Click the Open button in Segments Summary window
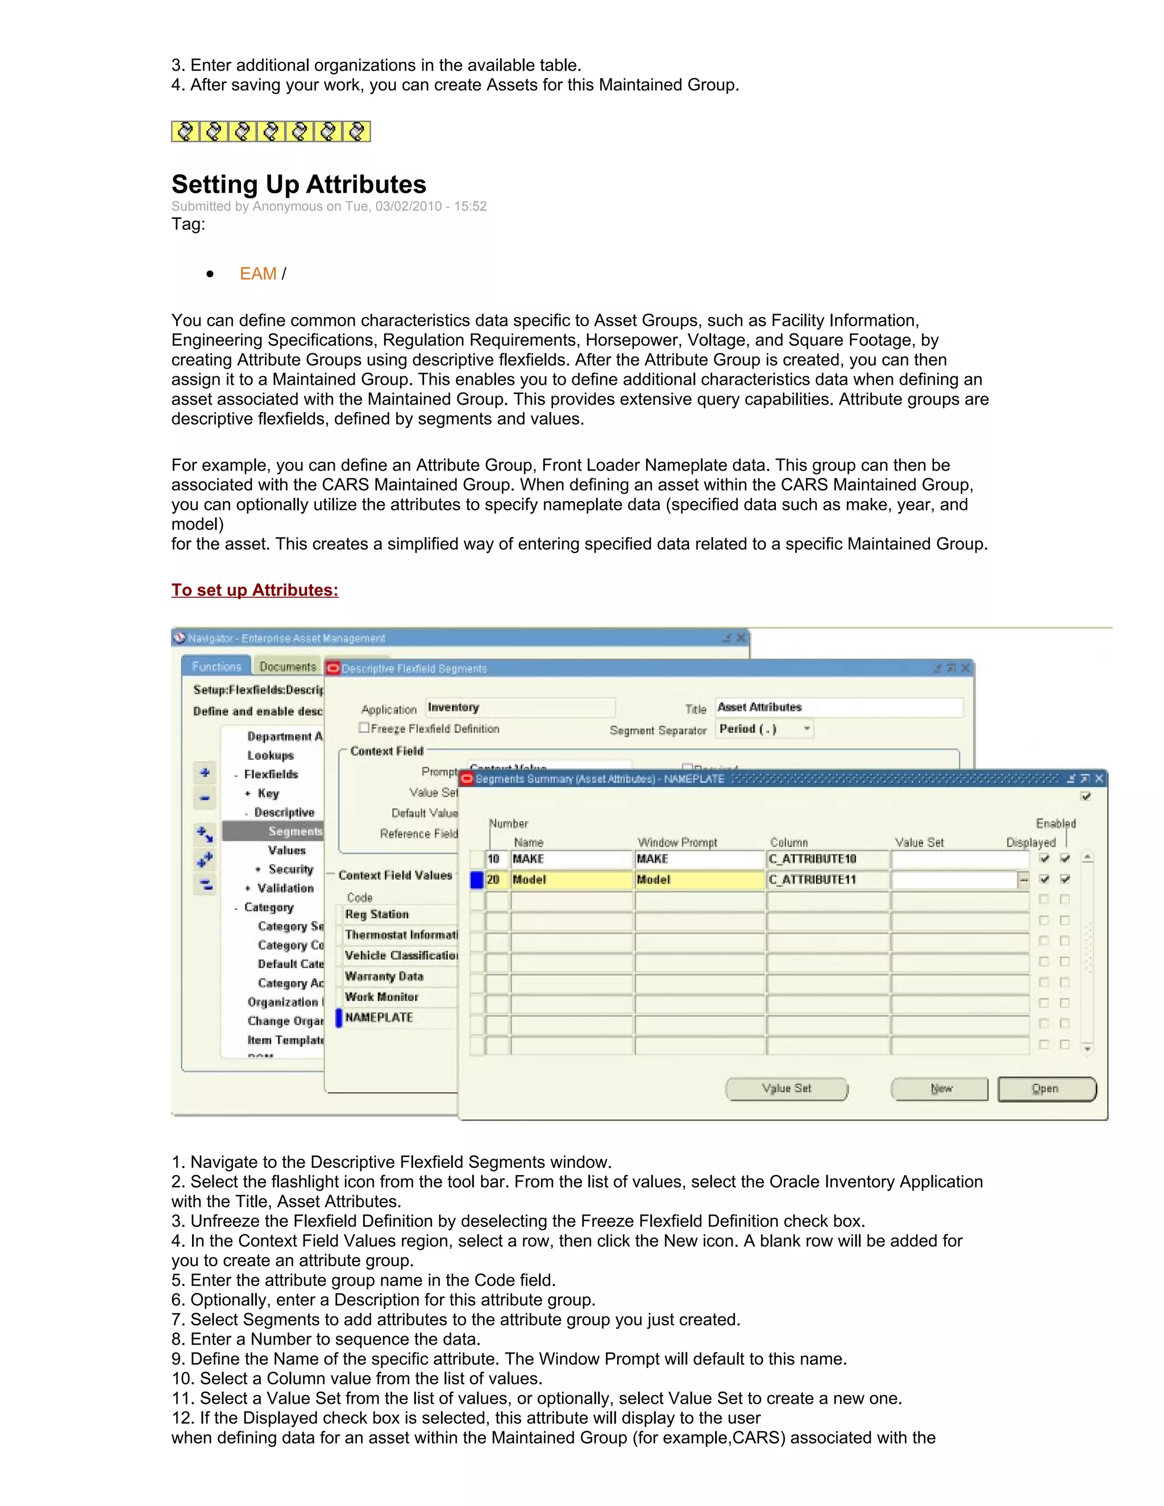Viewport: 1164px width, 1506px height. [x=1046, y=1089]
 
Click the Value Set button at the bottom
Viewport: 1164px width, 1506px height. [x=786, y=1089]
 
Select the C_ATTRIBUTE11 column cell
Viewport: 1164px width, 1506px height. [x=827, y=880]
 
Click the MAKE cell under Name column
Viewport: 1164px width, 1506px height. [x=571, y=859]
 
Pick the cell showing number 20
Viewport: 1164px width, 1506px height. [x=496, y=880]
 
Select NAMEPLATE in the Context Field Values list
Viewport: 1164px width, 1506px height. [x=379, y=1018]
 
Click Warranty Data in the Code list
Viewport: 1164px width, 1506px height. [x=384, y=976]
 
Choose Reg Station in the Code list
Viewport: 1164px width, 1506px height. [x=377, y=914]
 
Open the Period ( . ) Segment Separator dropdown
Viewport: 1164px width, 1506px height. [x=806, y=729]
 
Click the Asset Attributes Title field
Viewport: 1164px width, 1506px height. [x=838, y=708]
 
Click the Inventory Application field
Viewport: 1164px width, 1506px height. [x=519, y=708]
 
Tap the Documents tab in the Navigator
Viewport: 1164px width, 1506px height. [x=288, y=667]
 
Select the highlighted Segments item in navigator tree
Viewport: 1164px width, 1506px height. [x=294, y=831]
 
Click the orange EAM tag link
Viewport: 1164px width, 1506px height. [x=258, y=274]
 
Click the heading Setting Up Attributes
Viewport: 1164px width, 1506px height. [x=298, y=185]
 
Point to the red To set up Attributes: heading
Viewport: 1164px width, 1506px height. [x=255, y=590]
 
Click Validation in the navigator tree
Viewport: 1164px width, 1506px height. [x=285, y=888]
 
